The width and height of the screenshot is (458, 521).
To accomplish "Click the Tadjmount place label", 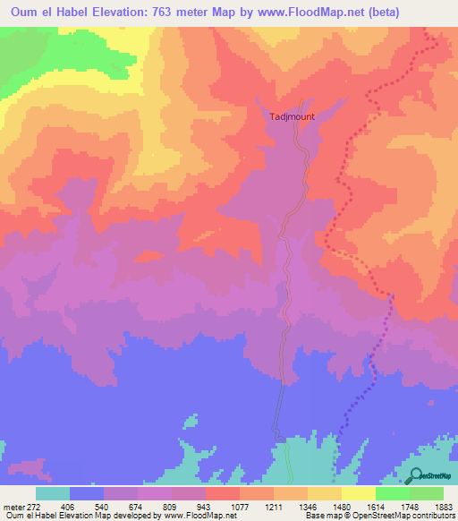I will click(293, 116).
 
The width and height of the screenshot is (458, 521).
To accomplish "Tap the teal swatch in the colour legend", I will click(52, 493).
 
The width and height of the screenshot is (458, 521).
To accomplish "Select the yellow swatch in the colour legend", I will click(358, 493).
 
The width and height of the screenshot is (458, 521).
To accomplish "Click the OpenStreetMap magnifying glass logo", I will click(414, 475).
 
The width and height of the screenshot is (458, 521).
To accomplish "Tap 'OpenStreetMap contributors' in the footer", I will click(403, 516).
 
